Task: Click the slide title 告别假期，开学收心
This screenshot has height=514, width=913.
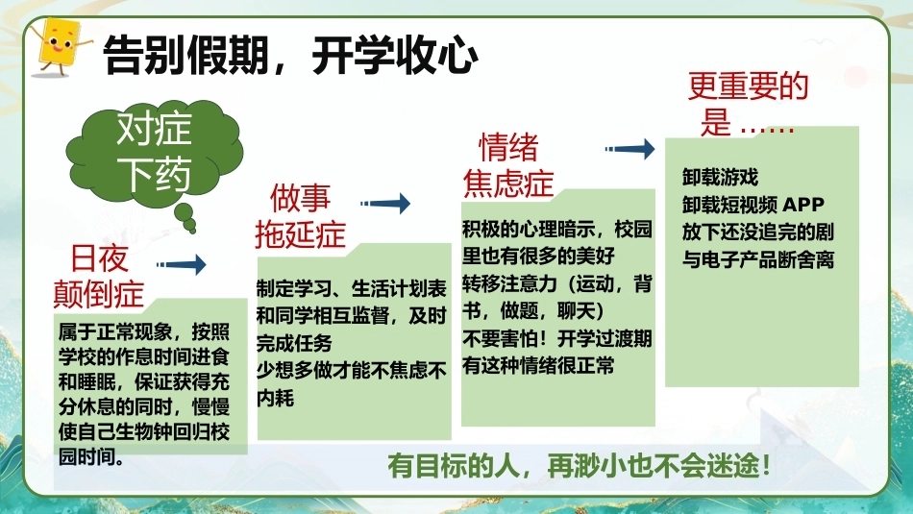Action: [x=290, y=56]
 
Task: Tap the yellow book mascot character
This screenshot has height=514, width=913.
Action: [x=59, y=46]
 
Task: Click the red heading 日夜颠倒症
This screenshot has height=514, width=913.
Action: [x=99, y=276]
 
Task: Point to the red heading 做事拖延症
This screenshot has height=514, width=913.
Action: [x=301, y=216]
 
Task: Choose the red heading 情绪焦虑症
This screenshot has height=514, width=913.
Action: [x=507, y=164]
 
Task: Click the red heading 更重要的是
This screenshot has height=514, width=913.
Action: [x=749, y=104]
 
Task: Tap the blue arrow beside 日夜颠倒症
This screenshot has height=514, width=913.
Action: [x=181, y=264]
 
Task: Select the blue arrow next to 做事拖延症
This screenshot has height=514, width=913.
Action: [x=384, y=203]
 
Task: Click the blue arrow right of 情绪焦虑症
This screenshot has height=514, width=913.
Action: [x=629, y=149]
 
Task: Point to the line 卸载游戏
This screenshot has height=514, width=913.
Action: [x=720, y=177]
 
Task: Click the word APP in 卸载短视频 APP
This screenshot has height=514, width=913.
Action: [x=803, y=205]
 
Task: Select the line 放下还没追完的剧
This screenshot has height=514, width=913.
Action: [x=758, y=232]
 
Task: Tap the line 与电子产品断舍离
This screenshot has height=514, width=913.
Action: [x=758, y=259]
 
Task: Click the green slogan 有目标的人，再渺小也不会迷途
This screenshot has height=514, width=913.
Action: [x=580, y=466]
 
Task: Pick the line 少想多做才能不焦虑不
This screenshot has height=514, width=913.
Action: [x=352, y=370]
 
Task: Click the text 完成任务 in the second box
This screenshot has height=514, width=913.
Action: [x=295, y=343]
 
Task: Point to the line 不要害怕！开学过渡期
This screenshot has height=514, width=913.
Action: [x=557, y=339]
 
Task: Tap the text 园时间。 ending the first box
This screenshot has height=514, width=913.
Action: [x=92, y=457]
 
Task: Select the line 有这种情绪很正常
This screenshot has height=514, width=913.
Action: [x=538, y=366]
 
